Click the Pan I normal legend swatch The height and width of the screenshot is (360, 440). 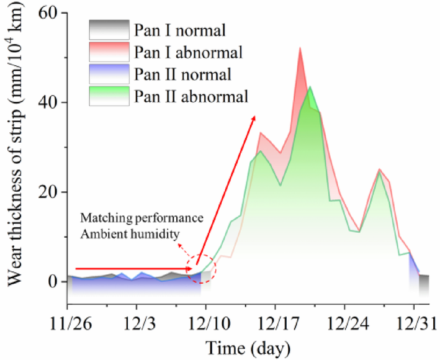[109, 29]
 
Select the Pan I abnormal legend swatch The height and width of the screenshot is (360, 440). [109, 52]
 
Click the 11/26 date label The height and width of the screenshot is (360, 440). [67, 325]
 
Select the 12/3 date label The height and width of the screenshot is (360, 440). [137, 325]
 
